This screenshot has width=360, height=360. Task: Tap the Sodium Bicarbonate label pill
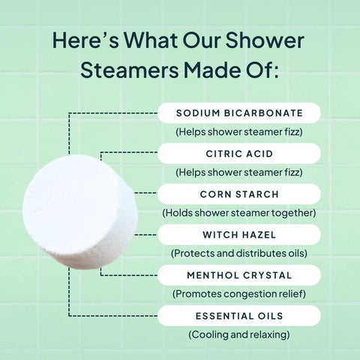click(239, 113)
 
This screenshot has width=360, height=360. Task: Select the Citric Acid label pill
click(239, 154)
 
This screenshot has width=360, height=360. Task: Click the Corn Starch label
click(239, 194)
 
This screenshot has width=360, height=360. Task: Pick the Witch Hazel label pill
click(239, 235)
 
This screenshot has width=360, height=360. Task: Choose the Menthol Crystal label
click(239, 275)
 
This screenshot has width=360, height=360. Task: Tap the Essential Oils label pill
click(239, 316)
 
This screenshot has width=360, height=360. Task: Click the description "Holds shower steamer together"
click(239, 212)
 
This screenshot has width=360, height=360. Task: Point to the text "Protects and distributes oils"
click(239, 253)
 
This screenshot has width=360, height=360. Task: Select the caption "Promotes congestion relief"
click(239, 293)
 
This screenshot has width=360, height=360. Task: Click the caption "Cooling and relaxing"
click(239, 334)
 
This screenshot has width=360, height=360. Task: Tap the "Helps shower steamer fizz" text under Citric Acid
click(239, 172)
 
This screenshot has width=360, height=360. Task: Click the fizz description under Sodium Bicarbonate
click(239, 131)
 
